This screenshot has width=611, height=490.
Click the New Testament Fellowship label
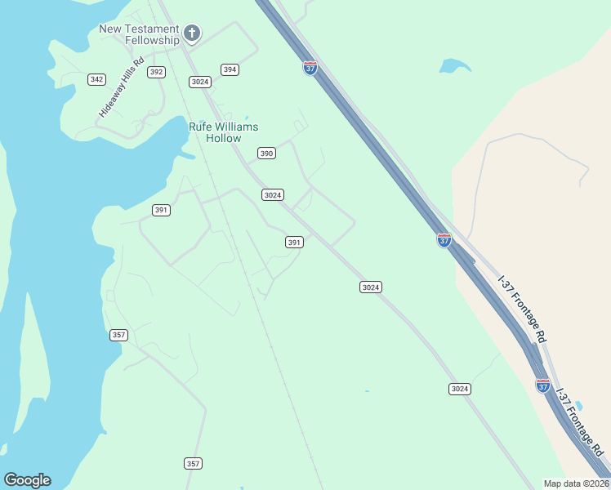(139, 34)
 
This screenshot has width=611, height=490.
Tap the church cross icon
(192, 33)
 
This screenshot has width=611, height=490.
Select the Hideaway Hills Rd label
(121, 87)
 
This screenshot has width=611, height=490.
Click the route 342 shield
(97, 79)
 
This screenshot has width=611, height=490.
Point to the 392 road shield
(157, 72)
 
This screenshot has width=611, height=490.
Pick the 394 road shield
(230, 69)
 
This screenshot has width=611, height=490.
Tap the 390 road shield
(266, 153)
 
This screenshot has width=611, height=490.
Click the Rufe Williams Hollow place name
(223, 132)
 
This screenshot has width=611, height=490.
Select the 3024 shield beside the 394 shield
(200, 82)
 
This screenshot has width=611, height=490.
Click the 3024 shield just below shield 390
(273, 194)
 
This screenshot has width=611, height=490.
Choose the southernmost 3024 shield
(460, 389)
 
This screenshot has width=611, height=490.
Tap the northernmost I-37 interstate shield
(310, 68)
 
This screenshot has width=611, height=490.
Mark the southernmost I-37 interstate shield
(543, 385)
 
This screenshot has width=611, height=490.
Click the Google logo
(27, 480)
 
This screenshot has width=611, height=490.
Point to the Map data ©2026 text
(576, 483)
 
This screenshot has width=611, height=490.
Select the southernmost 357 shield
(193, 463)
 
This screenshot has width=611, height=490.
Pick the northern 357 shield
(118, 335)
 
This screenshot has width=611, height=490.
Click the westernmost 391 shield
(161, 210)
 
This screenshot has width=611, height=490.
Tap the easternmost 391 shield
(295, 242)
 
